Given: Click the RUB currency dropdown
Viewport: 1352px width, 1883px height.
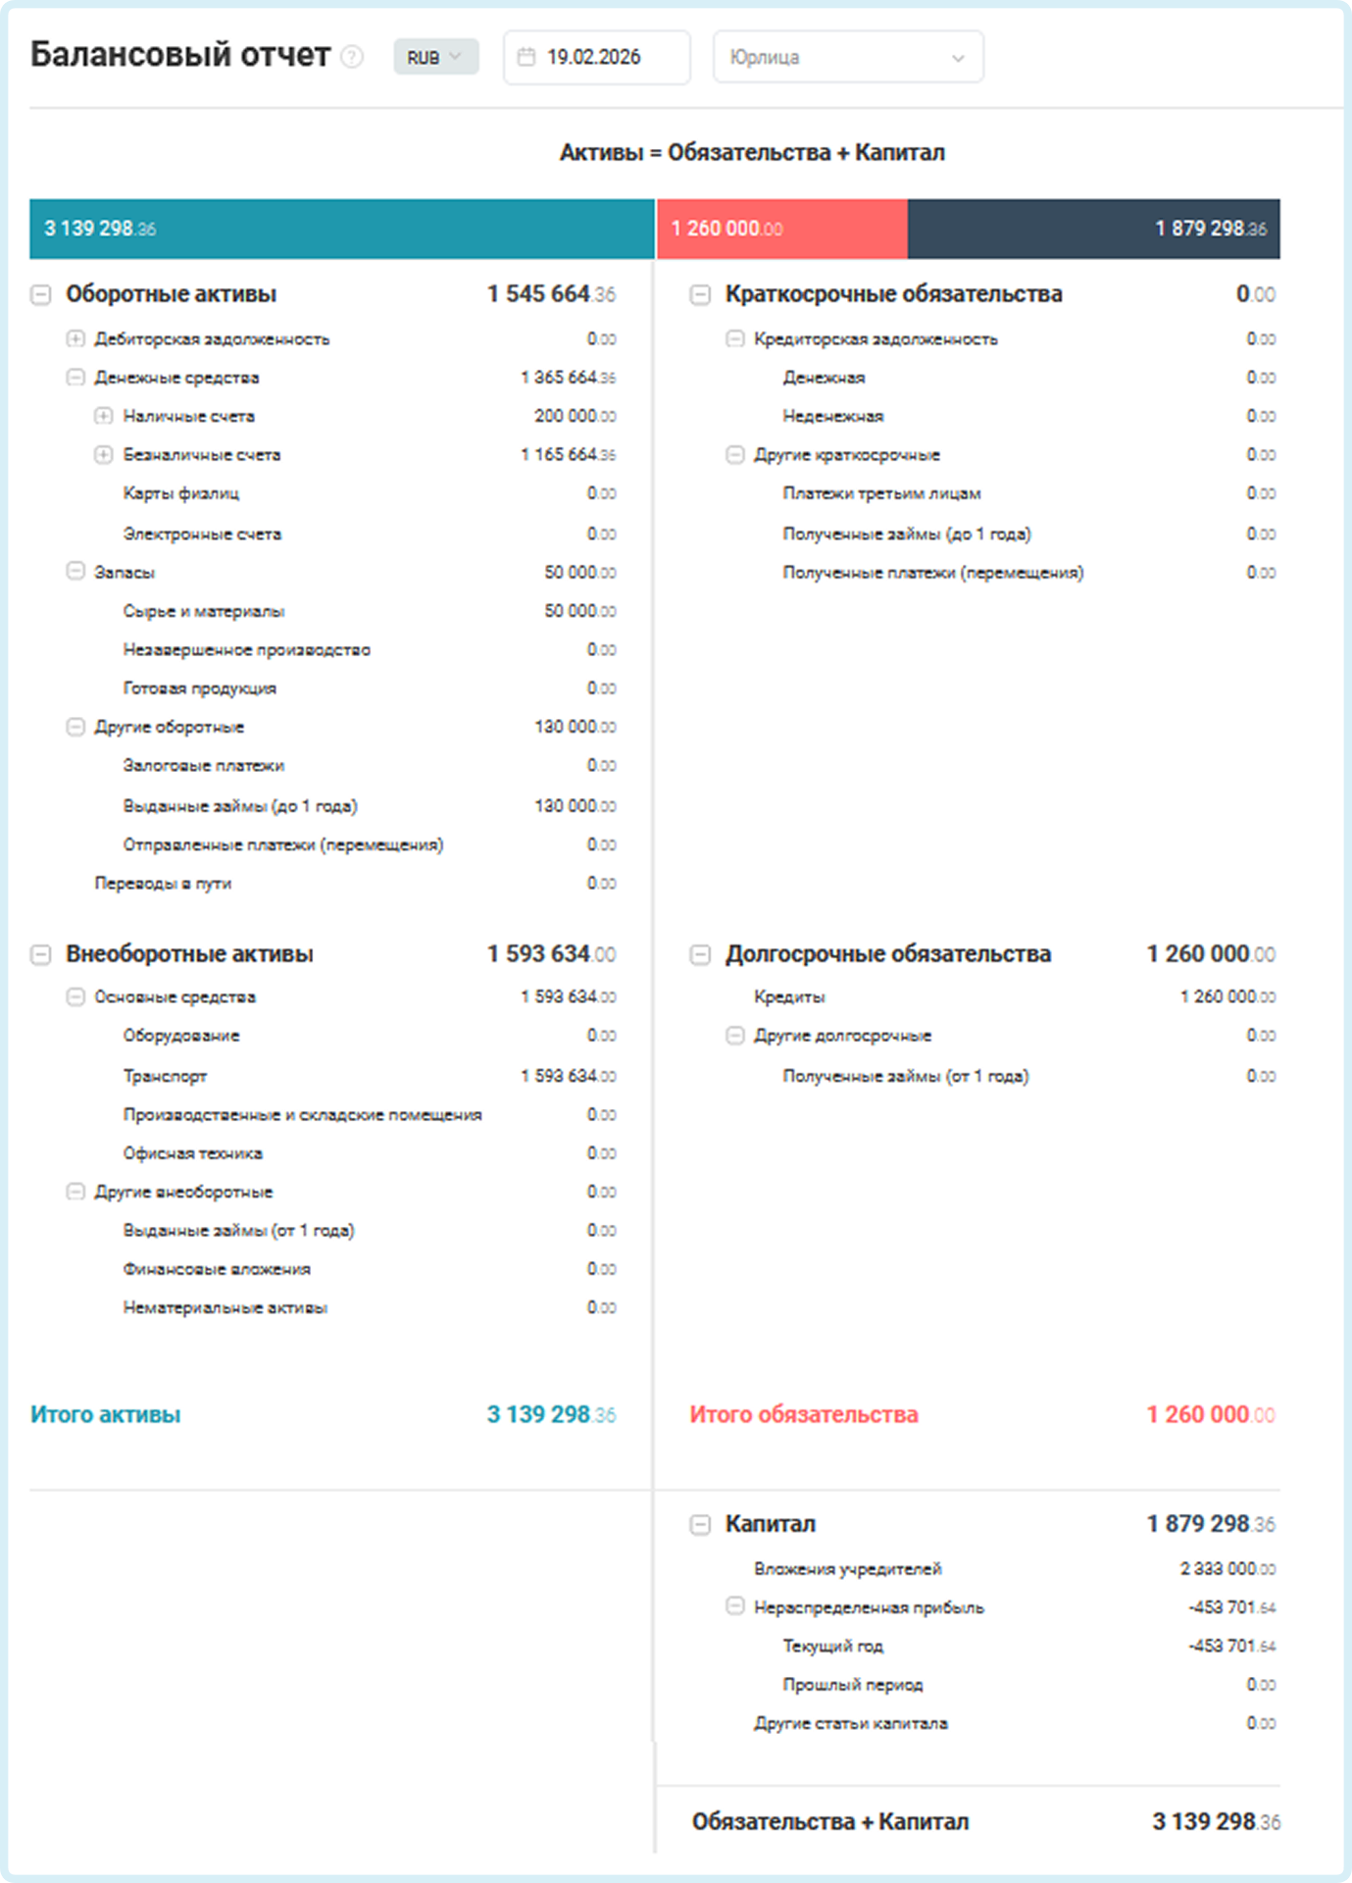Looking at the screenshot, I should coord(435,57).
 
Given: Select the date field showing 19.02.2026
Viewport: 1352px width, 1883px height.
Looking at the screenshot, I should coord(595,57).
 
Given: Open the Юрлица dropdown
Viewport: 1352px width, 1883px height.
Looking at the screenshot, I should coord(847,57).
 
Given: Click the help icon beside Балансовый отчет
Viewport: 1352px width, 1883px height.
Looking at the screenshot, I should coord(352,57).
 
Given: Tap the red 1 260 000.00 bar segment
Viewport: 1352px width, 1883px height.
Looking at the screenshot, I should coord(781,229).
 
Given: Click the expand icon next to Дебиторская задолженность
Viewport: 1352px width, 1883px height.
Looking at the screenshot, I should coord(75,338).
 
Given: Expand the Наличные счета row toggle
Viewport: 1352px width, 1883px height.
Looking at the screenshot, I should coord(104,416).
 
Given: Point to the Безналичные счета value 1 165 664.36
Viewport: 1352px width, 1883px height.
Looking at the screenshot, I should coord(568,455).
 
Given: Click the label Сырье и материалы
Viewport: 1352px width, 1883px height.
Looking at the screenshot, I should coord(204,611).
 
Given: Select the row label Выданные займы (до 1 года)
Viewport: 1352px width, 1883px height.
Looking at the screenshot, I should coord(240,806).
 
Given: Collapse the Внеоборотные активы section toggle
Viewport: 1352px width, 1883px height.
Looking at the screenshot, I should coord(41,954).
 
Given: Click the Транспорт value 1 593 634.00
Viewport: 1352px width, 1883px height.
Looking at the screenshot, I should coord(568,1076).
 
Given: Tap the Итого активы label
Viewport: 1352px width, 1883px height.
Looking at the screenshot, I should coord(106,1414).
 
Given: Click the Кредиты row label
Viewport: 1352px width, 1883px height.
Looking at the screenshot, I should coord(789,996).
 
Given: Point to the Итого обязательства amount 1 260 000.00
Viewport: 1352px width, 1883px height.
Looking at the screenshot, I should coord(1211,1414).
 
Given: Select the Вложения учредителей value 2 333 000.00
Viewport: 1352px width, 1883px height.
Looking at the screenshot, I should coord(1227,1569).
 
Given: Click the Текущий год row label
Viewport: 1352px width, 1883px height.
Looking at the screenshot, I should coord(832,1646).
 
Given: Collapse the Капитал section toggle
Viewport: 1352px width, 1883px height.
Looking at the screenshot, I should coord(700,1524).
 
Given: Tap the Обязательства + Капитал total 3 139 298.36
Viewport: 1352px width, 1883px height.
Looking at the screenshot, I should coord(1216,1821).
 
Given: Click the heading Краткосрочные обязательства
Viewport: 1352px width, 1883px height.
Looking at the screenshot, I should coord(893,294).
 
